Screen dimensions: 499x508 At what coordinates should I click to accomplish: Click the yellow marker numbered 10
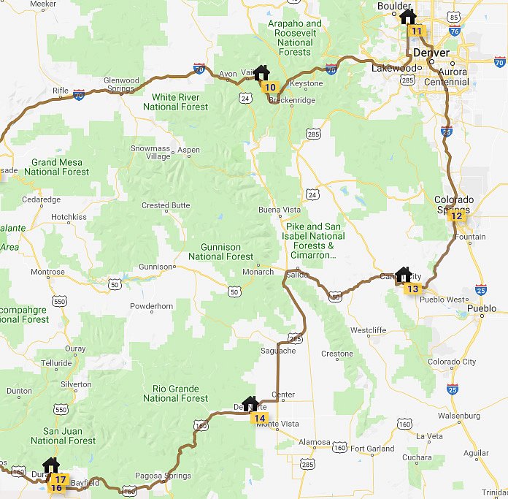tap(270, 88)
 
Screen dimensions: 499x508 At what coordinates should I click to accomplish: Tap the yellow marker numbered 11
tap(417, 31)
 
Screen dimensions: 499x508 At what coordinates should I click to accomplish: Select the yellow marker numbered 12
tap(456, 216)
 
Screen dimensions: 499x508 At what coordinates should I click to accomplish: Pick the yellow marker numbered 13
tap(413, 289)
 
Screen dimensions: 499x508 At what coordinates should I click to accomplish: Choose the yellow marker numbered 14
tap(259, 418)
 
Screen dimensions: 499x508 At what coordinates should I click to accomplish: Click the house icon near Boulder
tap(408, 17)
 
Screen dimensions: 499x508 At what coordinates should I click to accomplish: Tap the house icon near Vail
tap(261, 73)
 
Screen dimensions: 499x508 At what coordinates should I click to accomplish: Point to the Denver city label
tap(432, 53)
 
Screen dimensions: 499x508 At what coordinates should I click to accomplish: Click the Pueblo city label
tap(482, 308)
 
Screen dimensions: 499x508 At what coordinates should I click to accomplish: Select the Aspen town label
tap(188, 150)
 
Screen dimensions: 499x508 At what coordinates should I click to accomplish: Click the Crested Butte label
tap(166, 205)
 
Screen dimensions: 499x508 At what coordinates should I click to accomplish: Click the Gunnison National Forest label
tap(221, 252)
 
